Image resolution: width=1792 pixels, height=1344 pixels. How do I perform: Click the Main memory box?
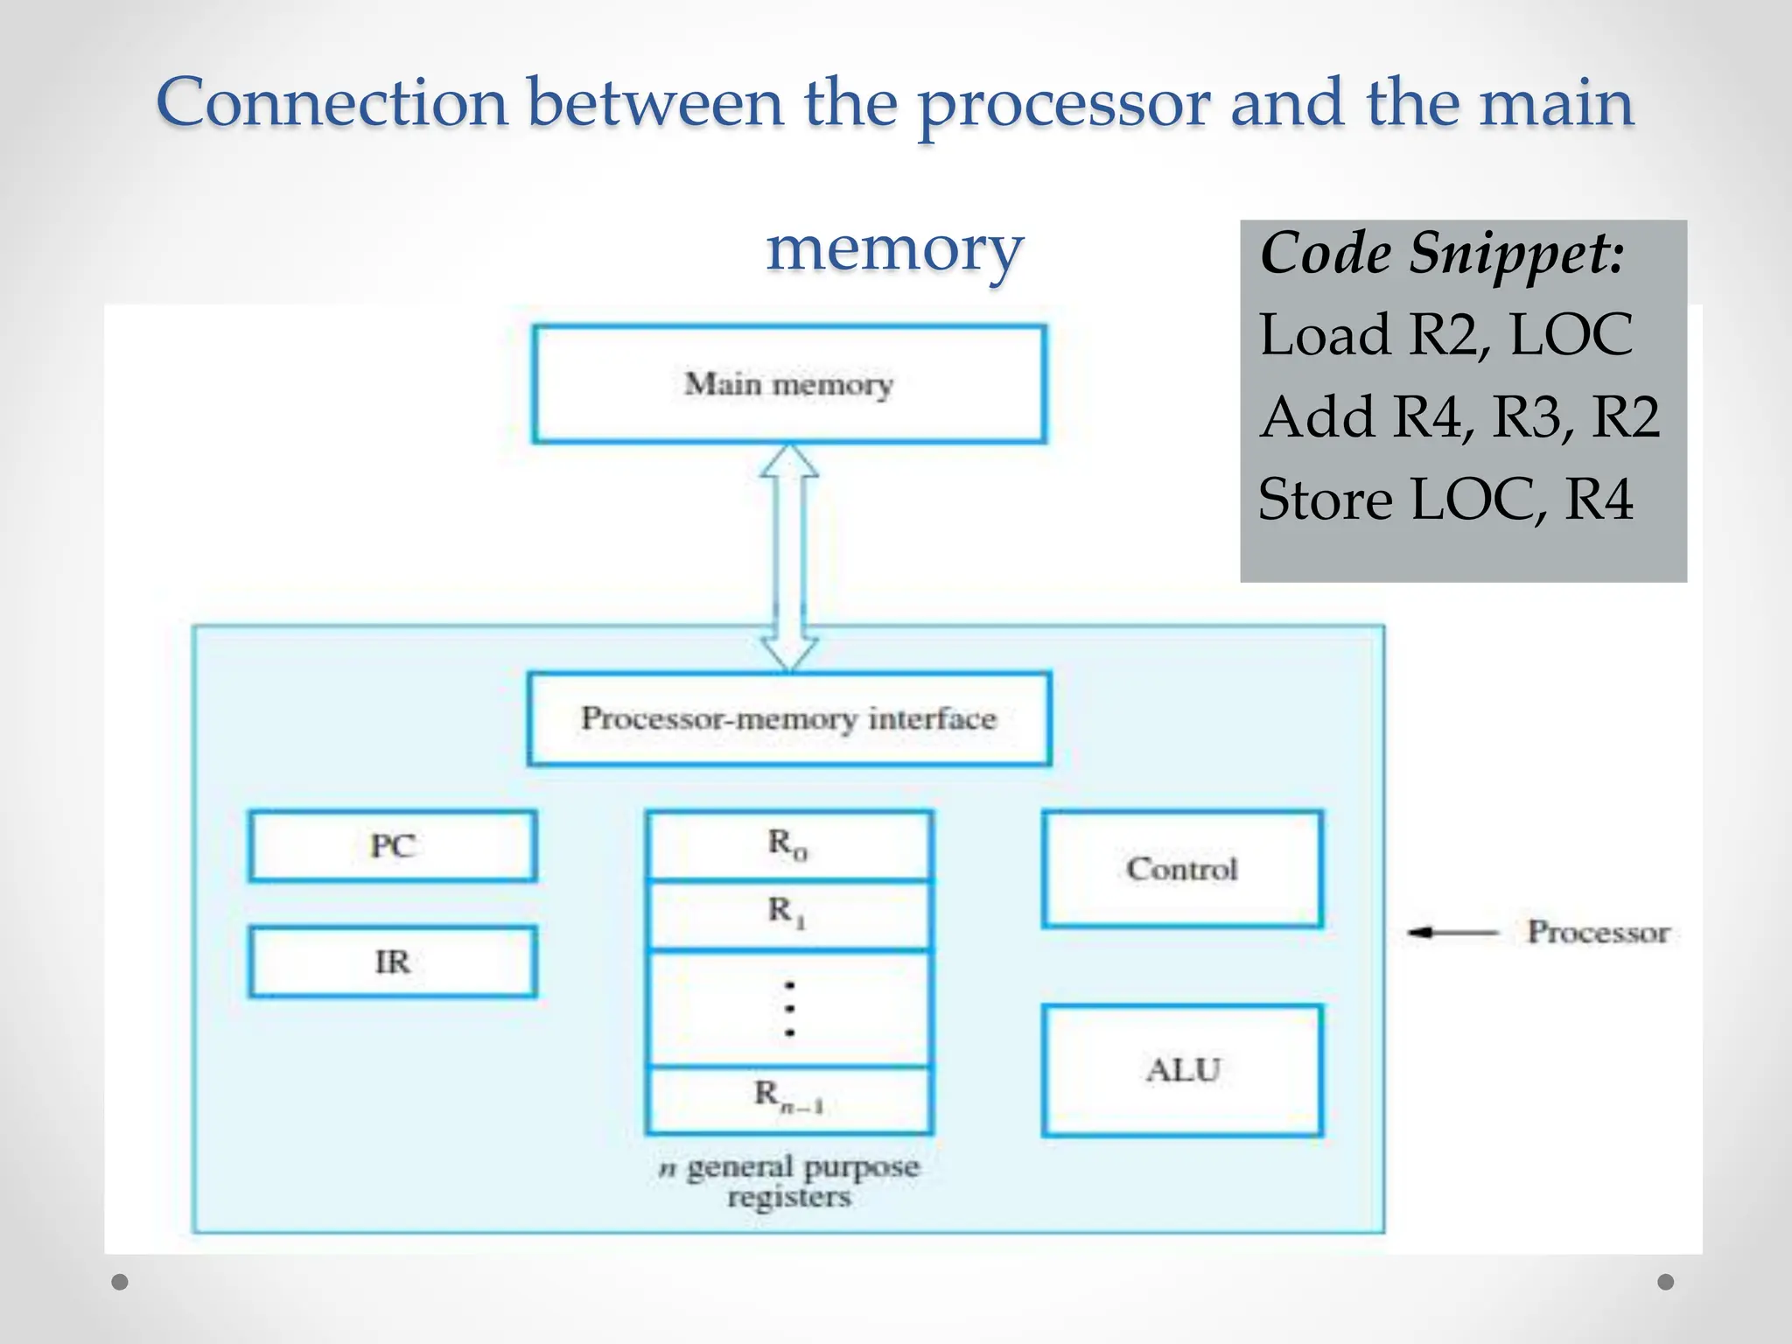click(788, 384)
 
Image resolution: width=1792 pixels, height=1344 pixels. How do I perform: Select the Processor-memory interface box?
click(788, 718)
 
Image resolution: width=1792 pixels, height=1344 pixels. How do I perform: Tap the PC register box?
click(392, 846)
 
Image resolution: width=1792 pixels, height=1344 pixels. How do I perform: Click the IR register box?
click(392, 962)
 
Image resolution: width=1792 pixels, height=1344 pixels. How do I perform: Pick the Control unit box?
click(1182, 869)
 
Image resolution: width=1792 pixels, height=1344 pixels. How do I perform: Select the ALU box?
click(1182, 1070)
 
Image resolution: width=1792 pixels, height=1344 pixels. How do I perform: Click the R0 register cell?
click(788, 845)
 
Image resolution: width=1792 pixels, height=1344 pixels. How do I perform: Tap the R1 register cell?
click(788, 913)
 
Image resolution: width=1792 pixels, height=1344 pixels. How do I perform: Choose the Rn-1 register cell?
click(788, 1097)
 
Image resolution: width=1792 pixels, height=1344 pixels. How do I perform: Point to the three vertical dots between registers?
click(789, 1009)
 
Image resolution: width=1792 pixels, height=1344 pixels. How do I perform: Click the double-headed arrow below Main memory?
click(789, 558)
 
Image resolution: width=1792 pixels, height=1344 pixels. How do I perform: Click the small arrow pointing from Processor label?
click(1452, 933)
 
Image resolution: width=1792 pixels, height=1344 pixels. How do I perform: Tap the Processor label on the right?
click(1599, 932)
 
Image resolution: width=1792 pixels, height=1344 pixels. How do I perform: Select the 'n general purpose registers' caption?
click(789, 1181)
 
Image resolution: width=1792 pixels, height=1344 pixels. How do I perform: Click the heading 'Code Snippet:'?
click(1442, 254)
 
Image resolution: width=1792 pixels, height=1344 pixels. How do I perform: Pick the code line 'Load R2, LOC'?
click(1445, 335)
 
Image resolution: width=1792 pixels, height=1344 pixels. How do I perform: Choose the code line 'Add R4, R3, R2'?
click(1459, 416)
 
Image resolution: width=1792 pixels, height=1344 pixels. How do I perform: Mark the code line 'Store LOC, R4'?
click(1445, 499)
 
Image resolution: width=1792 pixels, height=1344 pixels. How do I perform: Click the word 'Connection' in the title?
click(332, 103)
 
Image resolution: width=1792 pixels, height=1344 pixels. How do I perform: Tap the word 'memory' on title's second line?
click(894, 248)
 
